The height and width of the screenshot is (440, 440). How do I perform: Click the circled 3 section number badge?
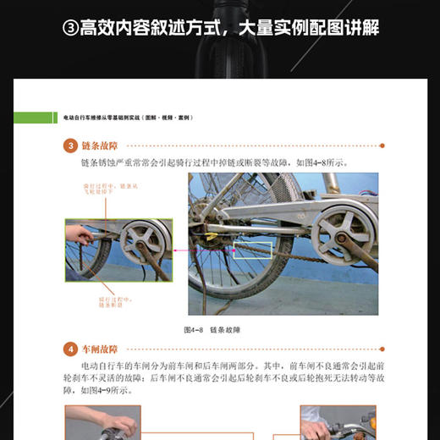pos(71,146)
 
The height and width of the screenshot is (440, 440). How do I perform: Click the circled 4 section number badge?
pos(71,348)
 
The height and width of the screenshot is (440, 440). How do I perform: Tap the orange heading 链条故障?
pos(99,146)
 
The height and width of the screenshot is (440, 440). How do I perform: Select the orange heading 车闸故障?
pos(99,348)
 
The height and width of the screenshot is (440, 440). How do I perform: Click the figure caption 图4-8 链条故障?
pos(218,328)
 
